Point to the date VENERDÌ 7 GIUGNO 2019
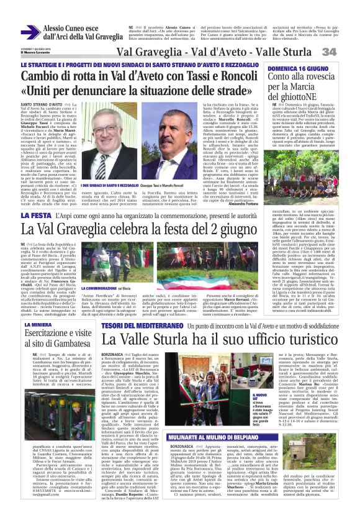[36, 47]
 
